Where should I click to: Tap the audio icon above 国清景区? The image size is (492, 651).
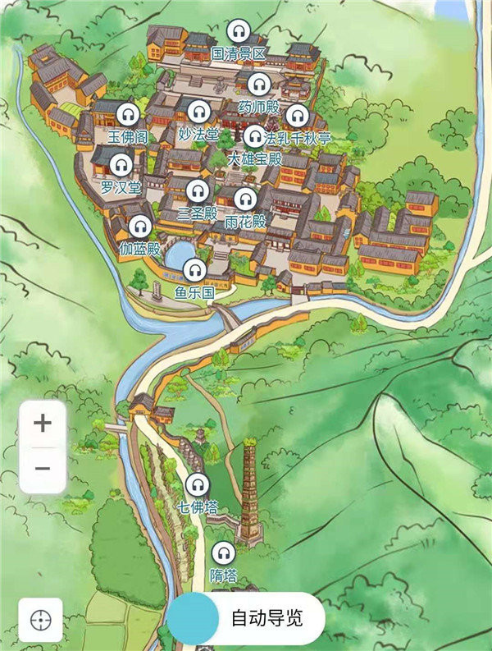238,32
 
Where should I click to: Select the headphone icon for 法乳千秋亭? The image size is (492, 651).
297,115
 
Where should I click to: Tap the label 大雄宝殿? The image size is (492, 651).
254,158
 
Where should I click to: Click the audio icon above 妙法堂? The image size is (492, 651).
198,111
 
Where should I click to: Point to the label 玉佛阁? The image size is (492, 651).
127,136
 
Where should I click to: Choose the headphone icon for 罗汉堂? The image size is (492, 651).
121,165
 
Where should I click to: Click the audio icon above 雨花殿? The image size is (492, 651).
244,199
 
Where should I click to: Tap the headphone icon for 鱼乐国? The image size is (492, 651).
194,269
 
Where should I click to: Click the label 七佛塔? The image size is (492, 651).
197,507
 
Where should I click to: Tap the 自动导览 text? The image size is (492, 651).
266,618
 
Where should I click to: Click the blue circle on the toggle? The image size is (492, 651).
194,618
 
